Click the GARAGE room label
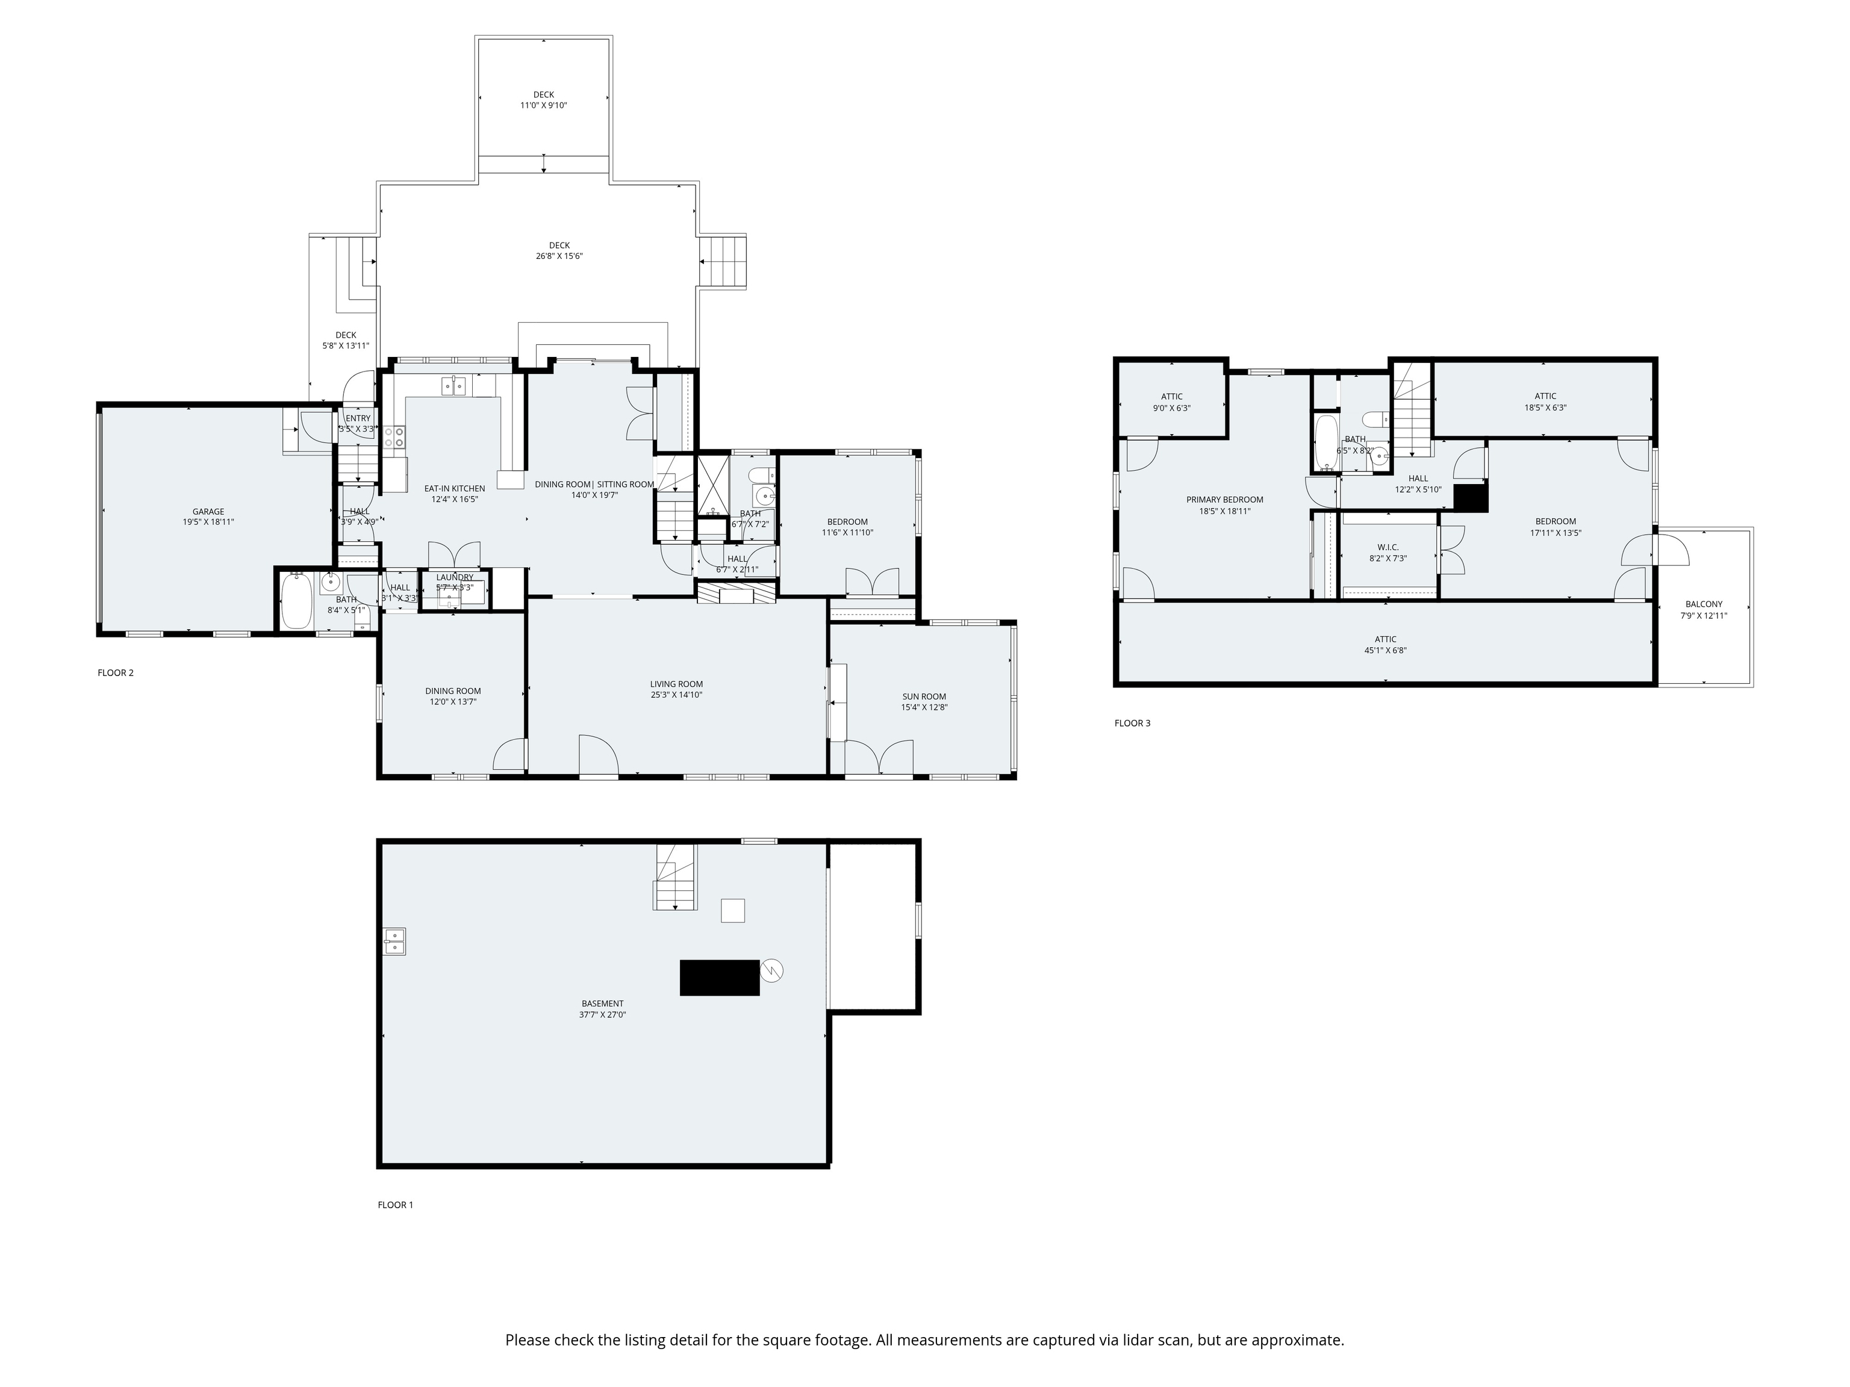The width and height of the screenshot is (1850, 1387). [208, 512]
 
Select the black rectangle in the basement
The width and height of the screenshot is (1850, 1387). [719, 977]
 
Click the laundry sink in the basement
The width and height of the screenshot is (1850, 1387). [395, 942]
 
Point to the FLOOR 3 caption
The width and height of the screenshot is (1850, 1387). [1132, 723]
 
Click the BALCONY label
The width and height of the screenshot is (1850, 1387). [1704, 604]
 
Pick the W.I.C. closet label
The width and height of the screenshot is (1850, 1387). [1387, 548]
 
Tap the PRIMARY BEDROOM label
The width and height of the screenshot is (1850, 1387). [1224, 500]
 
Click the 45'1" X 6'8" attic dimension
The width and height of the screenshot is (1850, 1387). [1385, 650]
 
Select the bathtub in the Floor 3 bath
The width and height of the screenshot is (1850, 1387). [1325, 442]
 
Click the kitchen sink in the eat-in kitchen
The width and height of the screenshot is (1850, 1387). [454, 385]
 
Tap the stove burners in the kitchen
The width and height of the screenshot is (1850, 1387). [394, 436]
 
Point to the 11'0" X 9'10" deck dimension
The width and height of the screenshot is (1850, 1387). [544, 105]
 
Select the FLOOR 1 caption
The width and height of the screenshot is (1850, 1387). [396, 1205]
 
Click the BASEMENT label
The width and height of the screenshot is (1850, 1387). [602, 1004]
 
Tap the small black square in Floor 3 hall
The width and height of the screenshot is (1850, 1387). [1470, 498]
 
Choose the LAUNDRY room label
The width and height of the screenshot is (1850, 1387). [454, 577]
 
